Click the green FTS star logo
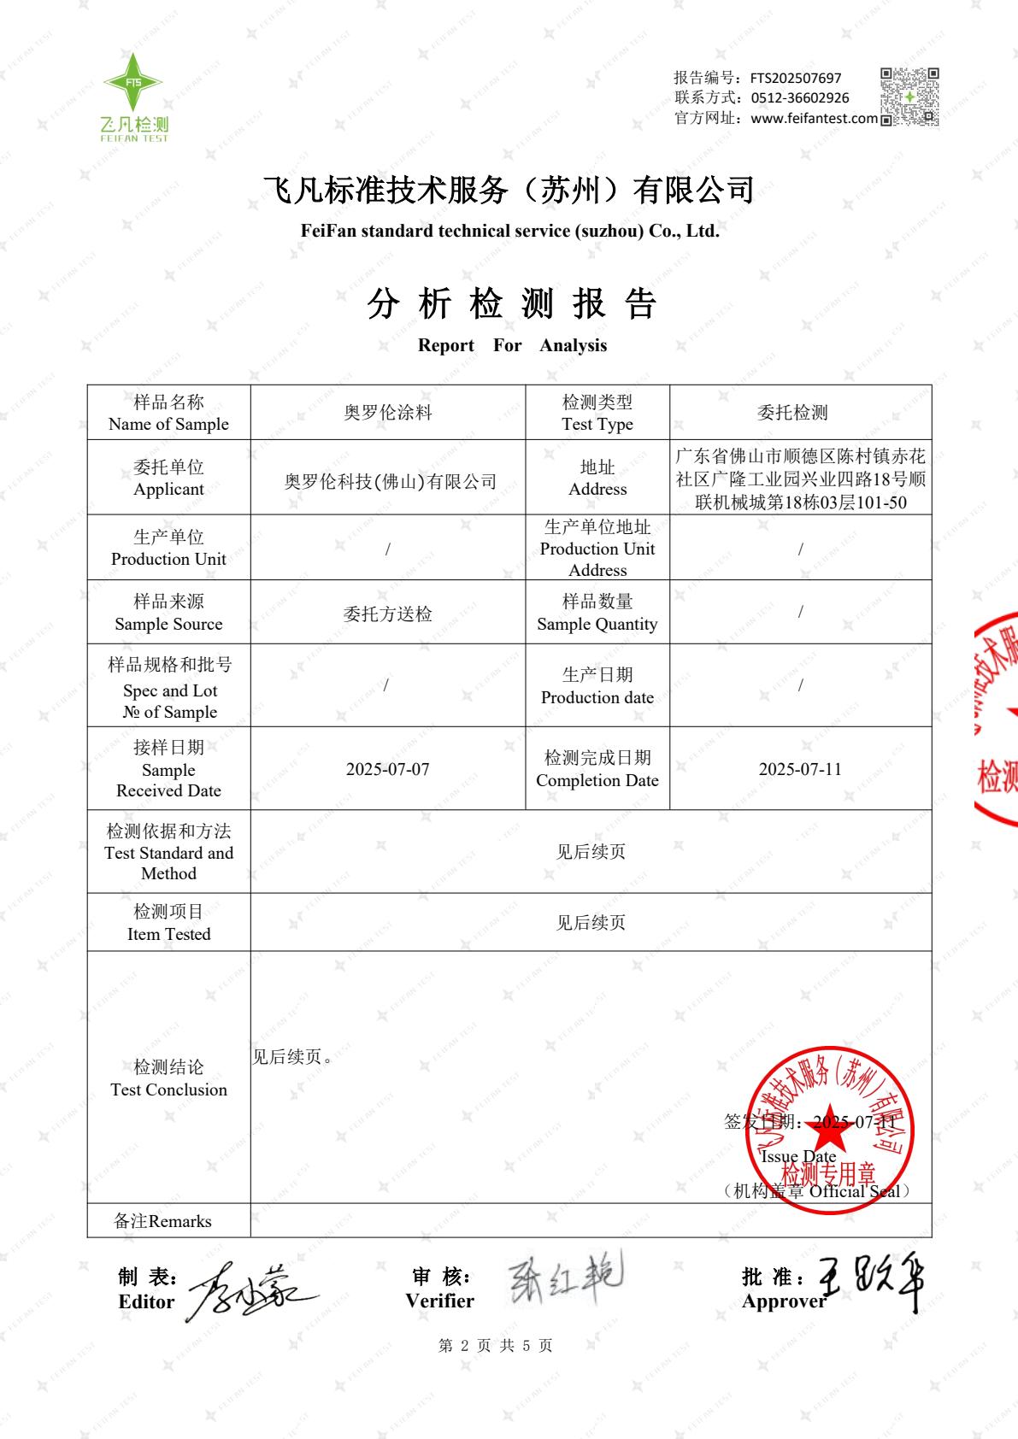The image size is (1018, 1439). pos(133,83)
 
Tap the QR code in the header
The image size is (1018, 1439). pos(909,97)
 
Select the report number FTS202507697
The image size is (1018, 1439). pos(796,78)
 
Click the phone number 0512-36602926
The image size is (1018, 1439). pos(800,98)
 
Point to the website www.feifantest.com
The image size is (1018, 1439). pos(814,119)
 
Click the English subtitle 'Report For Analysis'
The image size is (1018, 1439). pos(512,345)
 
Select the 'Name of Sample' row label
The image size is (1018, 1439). pos(168,413)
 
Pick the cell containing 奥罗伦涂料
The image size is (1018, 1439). pos(388,413)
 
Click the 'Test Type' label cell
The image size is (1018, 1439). pos(597,413)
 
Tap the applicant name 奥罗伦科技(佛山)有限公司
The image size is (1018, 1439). pos(390,482)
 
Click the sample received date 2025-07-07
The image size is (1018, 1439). pos(387,769)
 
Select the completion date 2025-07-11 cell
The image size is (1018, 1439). pos(800,769)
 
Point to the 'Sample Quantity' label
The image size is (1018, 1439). pos(597,613)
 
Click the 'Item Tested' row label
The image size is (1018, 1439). pos(168,923)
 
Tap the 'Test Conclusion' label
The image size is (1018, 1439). pos(168,1078)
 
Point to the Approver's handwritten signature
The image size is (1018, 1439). pos(872,1282)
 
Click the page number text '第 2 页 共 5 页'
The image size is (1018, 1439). pos(495,1346)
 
